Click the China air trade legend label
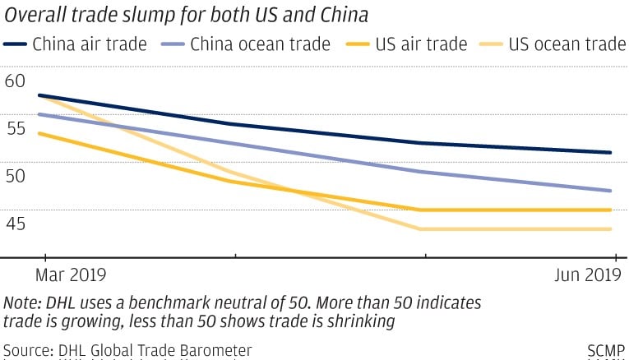click(x=90, y=44)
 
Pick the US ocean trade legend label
click(x=567, y=44)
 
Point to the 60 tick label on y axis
click(x=15, y=81)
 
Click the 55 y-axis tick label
click(x=15, y=128)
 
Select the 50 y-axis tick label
click(x=15, y=176)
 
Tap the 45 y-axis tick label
click(x=15, y=224)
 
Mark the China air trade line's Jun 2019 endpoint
click(x=611, y=152)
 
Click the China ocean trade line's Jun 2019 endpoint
click(x=611, y=191)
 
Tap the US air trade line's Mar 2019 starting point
click(x=39, y=133)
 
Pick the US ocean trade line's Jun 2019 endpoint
click(x=611, y=228)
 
